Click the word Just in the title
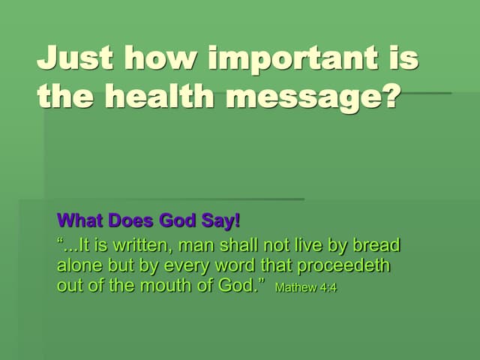[74, 58]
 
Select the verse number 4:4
[327, 287]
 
